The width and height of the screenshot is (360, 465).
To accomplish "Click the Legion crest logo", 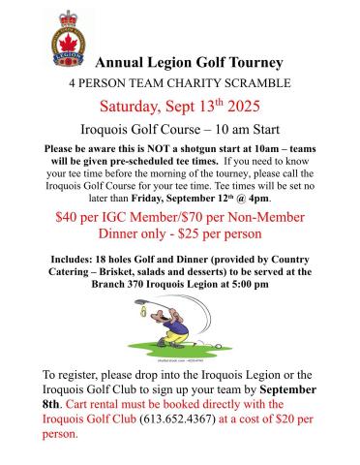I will tap(68, 38).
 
